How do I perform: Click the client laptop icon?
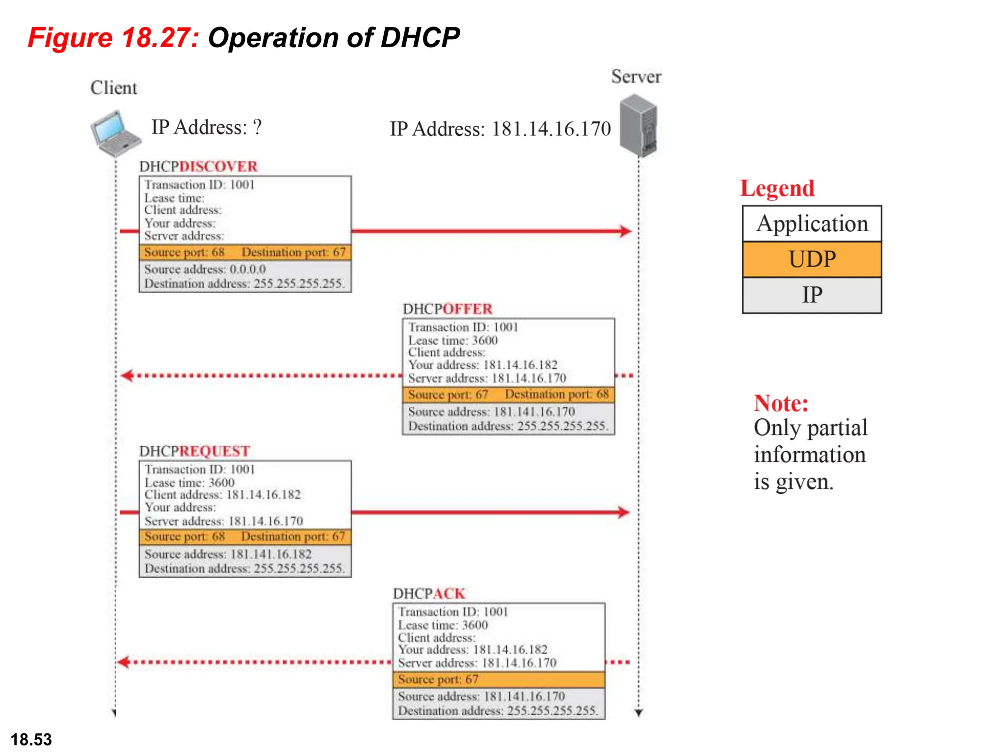[115, 133]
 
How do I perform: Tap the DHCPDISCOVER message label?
[198, 166]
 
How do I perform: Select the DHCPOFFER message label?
[447, 309]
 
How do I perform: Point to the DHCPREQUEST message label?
[195, 451]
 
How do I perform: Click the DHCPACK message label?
[429, 593]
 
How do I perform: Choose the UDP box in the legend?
[812, 259]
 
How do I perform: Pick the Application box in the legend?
[812, 224]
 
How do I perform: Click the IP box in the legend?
[812, 295]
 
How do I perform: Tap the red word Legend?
[777, 188]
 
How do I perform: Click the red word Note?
[781, 404]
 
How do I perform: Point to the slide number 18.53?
[31, 739]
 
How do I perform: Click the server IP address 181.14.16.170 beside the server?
[551, 129]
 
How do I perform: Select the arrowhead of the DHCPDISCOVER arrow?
[626, 231]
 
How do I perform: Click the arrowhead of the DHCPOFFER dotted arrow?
[127, 376]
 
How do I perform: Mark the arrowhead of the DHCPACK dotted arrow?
[123, 662]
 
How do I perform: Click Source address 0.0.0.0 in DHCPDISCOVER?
[205, 269]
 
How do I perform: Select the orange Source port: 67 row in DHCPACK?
[498, 679]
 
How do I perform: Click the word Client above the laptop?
[114, 88]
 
